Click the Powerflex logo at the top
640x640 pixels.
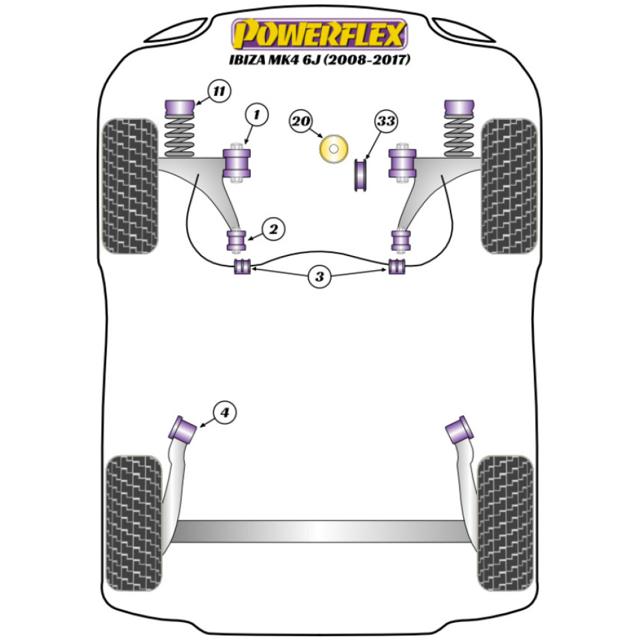pyautogui.click(x=319, y=35)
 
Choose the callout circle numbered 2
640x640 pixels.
pyautogui.click(x=273, y=229)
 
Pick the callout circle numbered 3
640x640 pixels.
pyautogui.click(x=319, y=276)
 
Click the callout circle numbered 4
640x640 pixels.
pyautogui.click(x=225, y=413)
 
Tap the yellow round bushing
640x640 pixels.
pyautogui.click(x=333, y=150)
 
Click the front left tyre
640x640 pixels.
pyautogui.click(x=131, y=186)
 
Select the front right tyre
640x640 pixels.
pyautogui.click(x=509, y=186)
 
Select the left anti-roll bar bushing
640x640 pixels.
pyautogui.click(x=242, y=266)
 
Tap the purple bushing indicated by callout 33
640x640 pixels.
pyautogui.click(x=360, y=175)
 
